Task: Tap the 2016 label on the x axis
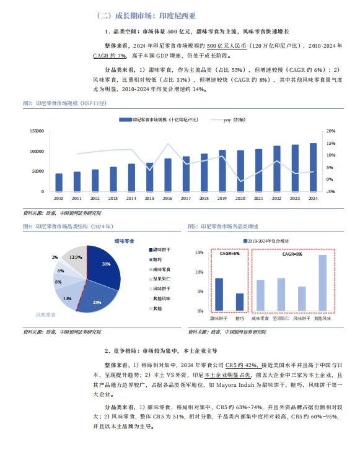click(x=167, y=198)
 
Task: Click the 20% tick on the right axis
click(x=330, y=131)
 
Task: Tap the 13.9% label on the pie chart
click(x=76, y=257)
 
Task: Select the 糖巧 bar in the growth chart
click(x=240, y=301)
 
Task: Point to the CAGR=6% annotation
click(x=229, y=254)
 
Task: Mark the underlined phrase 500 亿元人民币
click(x=227, y=45)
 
